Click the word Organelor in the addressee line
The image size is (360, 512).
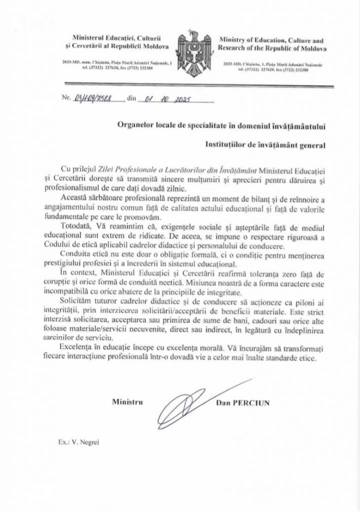[135, 123]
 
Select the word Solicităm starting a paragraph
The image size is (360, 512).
[76, 301]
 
